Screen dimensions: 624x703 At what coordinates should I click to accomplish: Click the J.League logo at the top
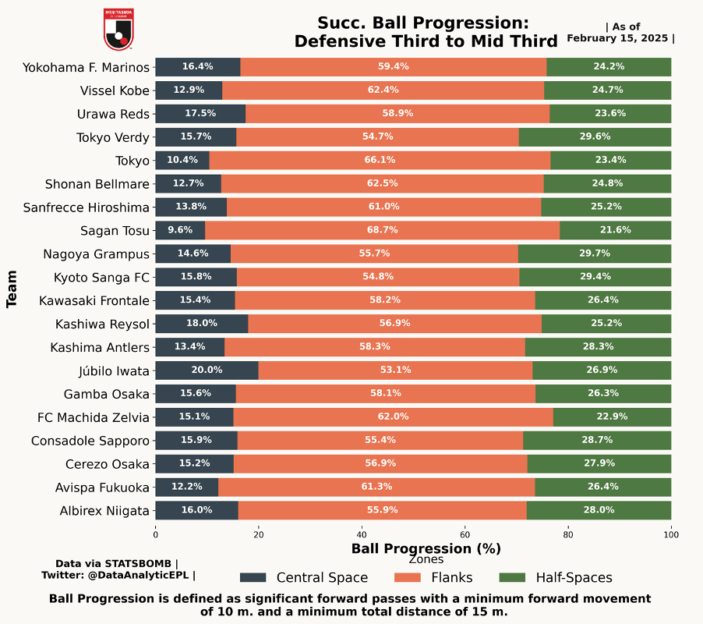118,29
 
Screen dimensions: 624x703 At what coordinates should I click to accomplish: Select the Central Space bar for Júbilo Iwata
207,370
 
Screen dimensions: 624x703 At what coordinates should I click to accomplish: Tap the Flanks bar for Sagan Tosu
382,230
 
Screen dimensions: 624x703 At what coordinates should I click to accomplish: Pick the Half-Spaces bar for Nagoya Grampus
595,253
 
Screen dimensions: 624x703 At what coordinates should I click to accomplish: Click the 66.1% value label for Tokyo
381,160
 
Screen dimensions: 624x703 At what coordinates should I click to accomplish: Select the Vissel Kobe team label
114,90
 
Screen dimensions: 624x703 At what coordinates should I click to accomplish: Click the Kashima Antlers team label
99,347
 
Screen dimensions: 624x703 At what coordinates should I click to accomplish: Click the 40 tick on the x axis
362,534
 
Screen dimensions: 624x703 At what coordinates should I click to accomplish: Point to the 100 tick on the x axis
671,534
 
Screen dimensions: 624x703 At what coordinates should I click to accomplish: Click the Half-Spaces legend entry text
574,578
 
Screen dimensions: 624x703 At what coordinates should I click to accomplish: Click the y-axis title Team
12,289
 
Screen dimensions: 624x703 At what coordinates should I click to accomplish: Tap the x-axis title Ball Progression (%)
426,548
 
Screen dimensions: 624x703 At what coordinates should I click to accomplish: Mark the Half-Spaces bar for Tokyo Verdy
595,136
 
